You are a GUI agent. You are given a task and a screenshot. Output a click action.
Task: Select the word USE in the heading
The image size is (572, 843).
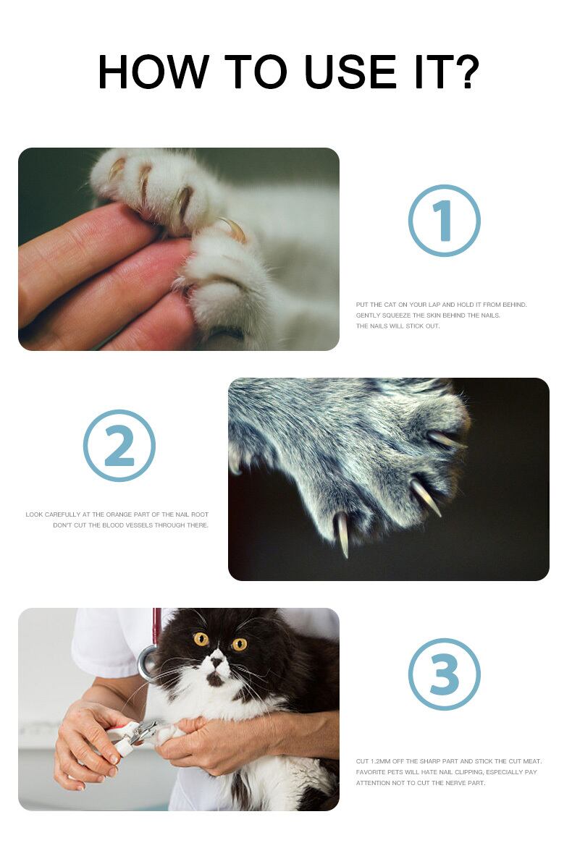tap(350, 72)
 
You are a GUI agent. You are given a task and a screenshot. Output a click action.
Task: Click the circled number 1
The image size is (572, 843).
tap(444, 221)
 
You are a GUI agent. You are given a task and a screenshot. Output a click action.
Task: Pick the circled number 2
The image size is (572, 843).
tap(119, 446)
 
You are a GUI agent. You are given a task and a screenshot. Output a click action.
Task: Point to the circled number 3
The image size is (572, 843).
tap(444, 674)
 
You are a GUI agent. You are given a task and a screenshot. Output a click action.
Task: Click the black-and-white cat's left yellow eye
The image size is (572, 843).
tap(201, 639)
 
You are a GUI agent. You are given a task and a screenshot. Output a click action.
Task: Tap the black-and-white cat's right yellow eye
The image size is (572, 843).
tap(239, 643)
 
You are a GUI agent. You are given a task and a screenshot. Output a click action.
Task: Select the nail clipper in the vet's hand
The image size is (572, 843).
tap(132, 737)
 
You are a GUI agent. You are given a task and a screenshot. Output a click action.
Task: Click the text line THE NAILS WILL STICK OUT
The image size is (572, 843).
tap(398, 326)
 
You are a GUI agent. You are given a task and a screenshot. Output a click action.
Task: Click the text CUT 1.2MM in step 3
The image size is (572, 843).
tap(373, 761)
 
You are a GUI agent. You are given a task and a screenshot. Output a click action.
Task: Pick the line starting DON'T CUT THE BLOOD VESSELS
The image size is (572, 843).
tap(131, 525)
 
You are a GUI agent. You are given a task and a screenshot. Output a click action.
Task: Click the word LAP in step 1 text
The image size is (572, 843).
tap(434, 305)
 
